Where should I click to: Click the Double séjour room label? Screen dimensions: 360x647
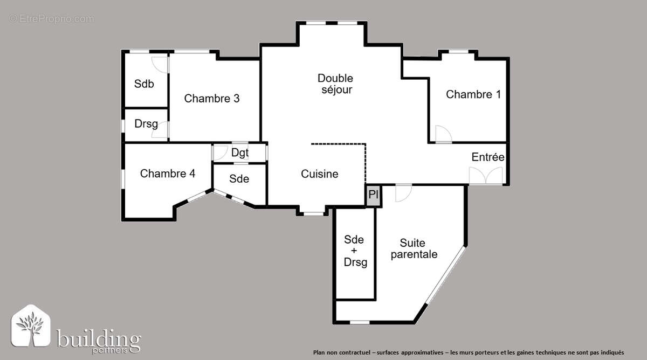[x=335, y=84]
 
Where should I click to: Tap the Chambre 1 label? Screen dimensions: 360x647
[x=473, y=94]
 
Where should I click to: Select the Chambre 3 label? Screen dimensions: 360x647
[x=212, y=99]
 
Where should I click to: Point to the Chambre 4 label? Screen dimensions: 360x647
[x=168, y=174]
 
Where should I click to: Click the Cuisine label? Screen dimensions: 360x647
[x=320, y=174]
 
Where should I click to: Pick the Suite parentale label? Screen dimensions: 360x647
[x=414, y=249]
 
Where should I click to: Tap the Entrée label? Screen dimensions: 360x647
[x=488, y=157]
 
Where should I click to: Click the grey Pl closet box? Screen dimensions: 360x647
[x=374, y=195]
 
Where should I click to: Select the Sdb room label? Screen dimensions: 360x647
[x=144, y=84]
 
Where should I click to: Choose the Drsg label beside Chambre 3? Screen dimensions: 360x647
[x=146, y=124]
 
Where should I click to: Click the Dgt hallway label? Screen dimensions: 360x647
[x=240, y=153]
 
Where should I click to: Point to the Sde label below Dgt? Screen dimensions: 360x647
[x=239, y=178]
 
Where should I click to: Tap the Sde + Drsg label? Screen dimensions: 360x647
[x=354, y=251]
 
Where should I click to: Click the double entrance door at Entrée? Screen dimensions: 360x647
[x=486, y=176]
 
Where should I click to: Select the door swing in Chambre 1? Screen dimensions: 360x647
[x=443, y=134]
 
